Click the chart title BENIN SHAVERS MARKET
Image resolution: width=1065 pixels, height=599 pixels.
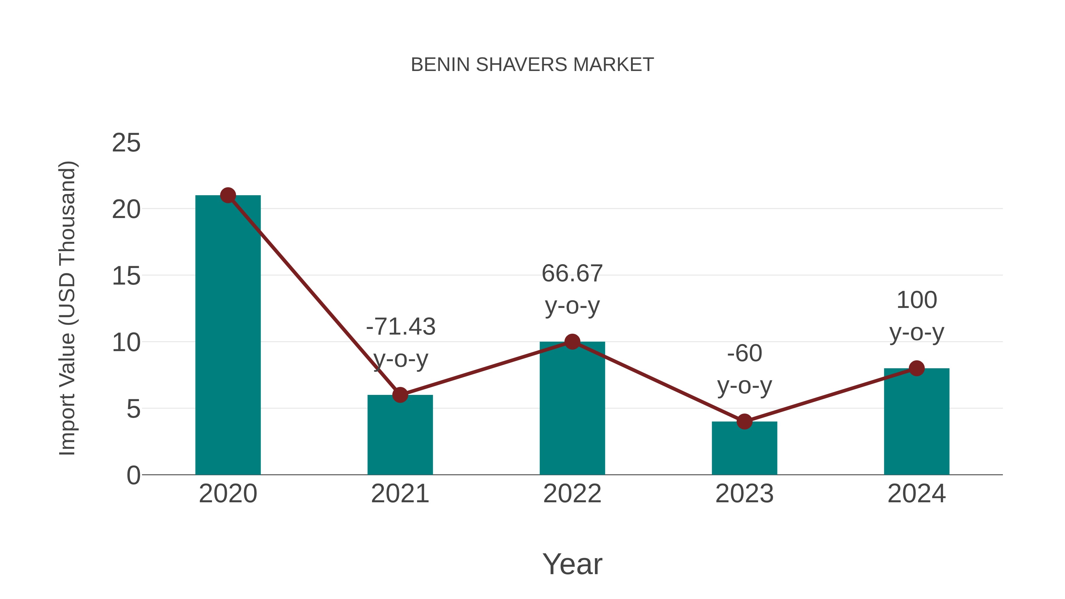[x=532, y=65]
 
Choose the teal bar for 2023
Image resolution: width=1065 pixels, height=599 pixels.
[x=744, y=448]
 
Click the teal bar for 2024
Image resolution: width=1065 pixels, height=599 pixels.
[x=916, y=421]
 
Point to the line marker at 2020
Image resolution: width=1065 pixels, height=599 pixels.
[x=228, y=195]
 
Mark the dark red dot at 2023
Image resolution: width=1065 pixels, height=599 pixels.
[x=744, y=422]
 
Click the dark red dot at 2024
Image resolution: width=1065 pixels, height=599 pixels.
[x=916, y=368]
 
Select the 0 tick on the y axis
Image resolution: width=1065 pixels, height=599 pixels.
[x=133, y=475]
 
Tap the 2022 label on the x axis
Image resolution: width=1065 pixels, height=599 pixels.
[x=572, y=494]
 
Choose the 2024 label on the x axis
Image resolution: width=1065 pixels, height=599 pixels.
[x=916, y=494]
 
